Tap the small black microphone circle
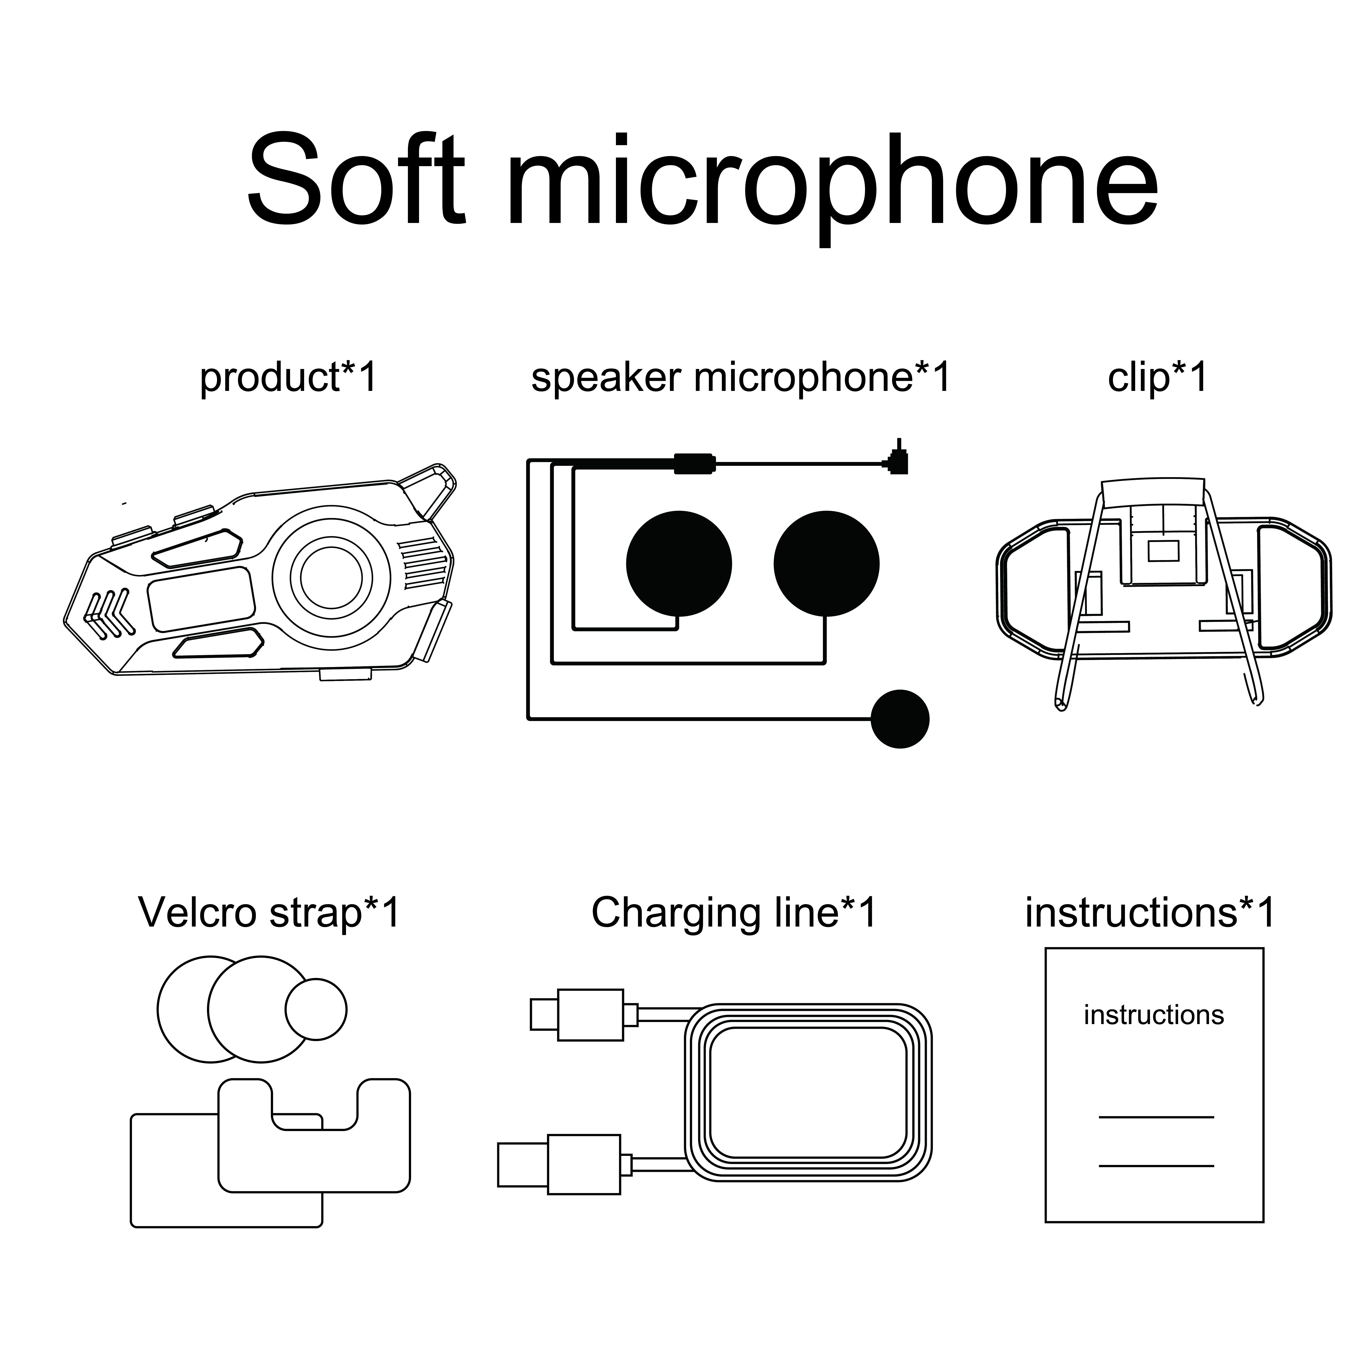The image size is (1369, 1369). tap(899, 719)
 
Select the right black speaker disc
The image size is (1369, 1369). tap(826, 564)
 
